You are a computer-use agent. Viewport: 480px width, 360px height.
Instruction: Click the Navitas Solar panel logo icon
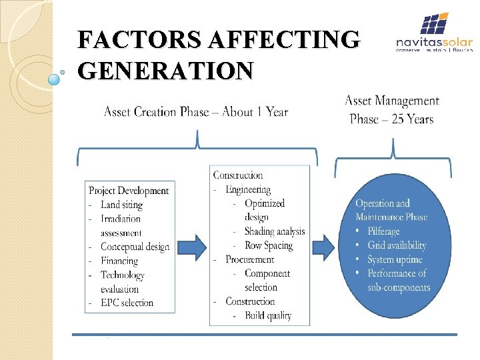(x=433, y=25)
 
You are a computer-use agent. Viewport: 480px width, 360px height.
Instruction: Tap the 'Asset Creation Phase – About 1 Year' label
(x=196, y=112)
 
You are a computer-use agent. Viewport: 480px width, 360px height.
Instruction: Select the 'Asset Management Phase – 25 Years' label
(x=392, y=110)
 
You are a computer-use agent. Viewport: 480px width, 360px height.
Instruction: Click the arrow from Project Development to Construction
(x=193, y=246)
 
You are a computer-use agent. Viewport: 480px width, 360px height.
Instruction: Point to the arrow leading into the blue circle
(x=328, y=246)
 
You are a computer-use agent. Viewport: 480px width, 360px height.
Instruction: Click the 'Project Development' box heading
(x=129, y=191)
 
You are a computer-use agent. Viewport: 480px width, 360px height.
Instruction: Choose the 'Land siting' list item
(x=121, y=205)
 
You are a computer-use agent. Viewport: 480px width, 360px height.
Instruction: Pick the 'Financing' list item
(x=119, y=261)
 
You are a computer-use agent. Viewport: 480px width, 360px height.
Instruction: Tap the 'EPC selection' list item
(x=127, y=303)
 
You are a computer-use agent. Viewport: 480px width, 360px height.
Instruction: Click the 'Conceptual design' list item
(x=135, y=247)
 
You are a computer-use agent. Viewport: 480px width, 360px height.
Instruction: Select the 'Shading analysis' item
(x=275, y=231)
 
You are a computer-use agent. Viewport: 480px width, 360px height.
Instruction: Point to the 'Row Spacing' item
(x=269, y=245)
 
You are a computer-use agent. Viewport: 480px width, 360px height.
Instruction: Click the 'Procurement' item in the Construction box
(x=249, y=259)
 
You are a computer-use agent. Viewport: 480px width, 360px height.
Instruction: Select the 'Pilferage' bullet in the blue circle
(x=383, y=231)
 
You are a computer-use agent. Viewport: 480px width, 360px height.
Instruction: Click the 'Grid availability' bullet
(x=397, y=245)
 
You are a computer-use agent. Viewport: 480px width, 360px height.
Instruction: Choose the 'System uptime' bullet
(x=394, y=259)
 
